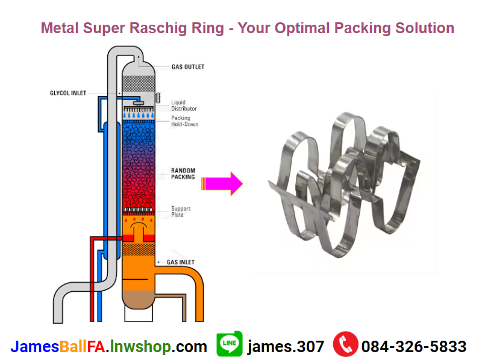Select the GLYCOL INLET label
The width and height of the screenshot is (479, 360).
point(67,93)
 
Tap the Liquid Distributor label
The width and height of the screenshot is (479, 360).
point(184,106)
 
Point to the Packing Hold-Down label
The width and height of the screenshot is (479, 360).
point(184,121)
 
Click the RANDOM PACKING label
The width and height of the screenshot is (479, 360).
point(183,174)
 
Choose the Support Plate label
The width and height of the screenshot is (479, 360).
point(181,212)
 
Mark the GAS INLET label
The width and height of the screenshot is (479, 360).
point(181,264)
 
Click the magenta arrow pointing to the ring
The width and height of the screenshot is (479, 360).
point(222,182)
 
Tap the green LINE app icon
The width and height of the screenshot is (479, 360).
point(230,344)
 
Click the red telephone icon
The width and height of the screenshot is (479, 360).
point(345,344)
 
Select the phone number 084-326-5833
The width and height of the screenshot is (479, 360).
point(414,347)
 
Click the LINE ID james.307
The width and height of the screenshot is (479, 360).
point(286,347)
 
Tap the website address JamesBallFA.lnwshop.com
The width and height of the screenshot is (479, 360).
point(108,347)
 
